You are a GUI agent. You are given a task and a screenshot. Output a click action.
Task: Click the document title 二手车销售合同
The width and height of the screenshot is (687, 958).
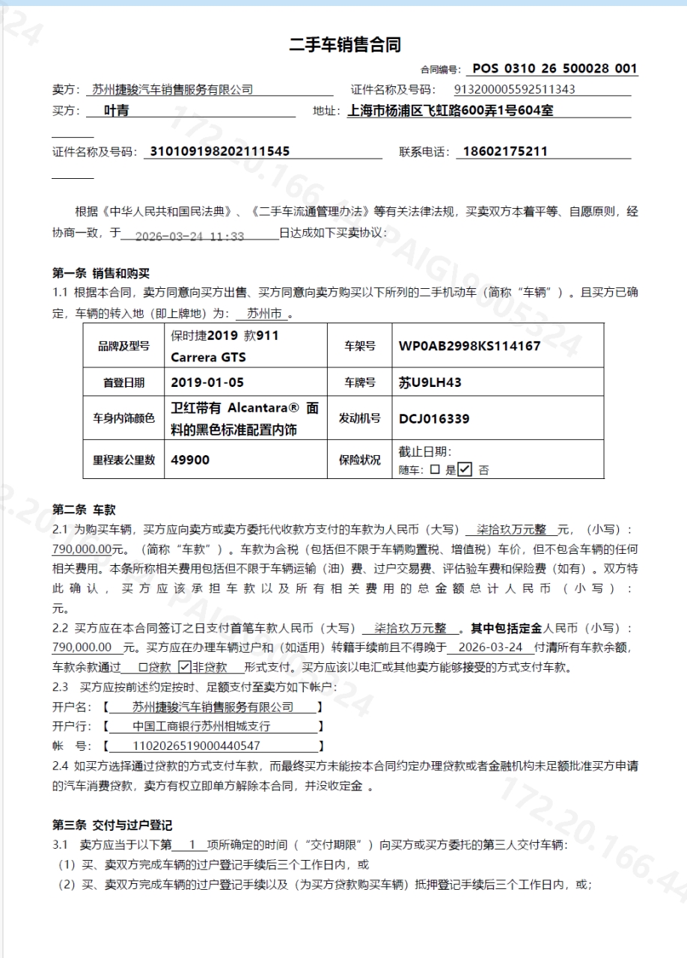coord(345,45)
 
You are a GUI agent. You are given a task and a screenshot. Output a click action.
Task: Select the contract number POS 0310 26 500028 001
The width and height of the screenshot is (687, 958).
coord(555,69)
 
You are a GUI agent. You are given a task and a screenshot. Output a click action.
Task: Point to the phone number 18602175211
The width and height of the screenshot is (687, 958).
coord(505,151)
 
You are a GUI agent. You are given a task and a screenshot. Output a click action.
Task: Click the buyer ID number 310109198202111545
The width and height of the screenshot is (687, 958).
coord(220,151)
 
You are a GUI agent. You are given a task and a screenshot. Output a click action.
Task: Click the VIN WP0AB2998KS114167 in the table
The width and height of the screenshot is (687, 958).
coord(469,346)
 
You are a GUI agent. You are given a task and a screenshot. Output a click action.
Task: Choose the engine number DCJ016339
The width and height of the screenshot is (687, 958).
coord(434,418)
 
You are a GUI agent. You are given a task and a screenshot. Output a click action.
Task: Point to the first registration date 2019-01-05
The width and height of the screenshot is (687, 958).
coord(207,382)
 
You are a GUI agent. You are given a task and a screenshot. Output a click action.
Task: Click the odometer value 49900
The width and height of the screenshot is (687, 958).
coord(190,460)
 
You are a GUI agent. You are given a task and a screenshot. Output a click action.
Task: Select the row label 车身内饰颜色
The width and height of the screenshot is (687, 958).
coord(123,418)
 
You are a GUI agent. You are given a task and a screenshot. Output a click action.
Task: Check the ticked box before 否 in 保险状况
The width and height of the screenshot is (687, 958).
coord(465,470)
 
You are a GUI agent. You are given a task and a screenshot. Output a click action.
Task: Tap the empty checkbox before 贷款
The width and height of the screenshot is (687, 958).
coord(144,667)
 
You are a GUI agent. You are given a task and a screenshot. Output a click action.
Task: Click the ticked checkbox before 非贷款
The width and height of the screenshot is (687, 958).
coord(184,667)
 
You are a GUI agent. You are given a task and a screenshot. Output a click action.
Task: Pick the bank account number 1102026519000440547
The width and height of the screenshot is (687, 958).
coord(196,745)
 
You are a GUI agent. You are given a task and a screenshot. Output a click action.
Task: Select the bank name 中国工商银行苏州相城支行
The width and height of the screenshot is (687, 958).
coord(201,726)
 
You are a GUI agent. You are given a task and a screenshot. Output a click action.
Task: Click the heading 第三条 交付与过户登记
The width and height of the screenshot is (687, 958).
coord(112,826)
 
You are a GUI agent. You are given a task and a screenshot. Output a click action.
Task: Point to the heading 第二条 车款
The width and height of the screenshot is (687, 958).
coord(84,510)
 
